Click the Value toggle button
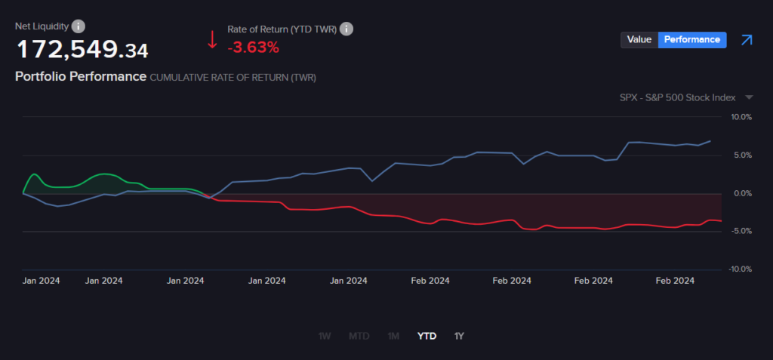[639, 40]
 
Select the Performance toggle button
[692, 40]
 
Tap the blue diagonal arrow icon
[747, 40]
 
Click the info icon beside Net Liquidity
[79, 26]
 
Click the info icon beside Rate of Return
[346, 29]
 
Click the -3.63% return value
[253, 48]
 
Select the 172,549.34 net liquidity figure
[82, 50]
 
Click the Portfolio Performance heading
[81, 76]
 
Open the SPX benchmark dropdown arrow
[749, 97]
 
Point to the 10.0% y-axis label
[741, 117]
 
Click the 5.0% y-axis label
[743, 155]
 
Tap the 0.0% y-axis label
[743, 193]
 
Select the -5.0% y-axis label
[741, 232]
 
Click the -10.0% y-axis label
[740, 269]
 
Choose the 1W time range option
[324, 336]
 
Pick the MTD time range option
[359, 336]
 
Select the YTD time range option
[427, 336]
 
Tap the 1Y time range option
[459, 336]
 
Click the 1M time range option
[393, 336]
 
